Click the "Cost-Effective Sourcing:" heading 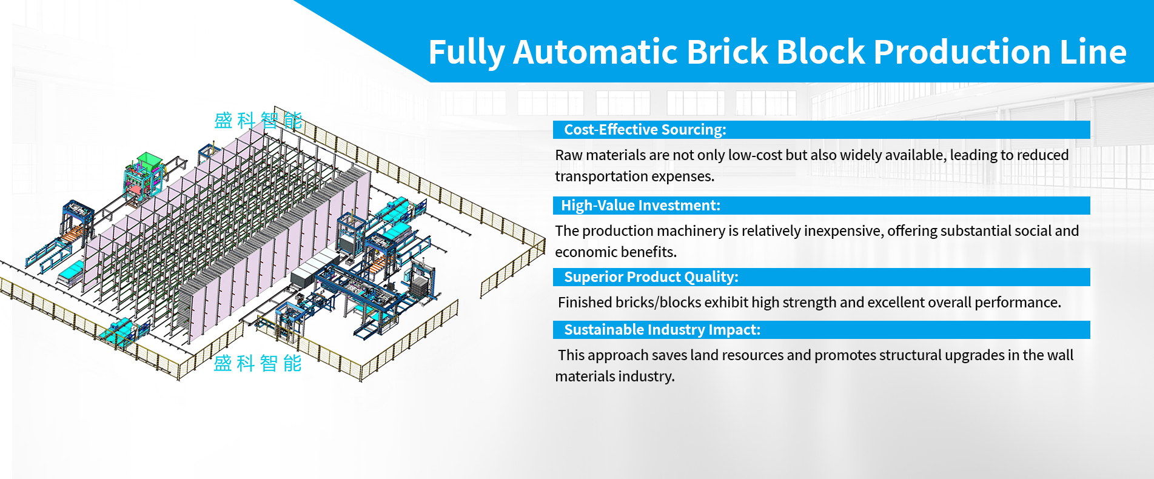point(645,130)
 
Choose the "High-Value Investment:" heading point(640,206)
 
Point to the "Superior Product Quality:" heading point(651,277)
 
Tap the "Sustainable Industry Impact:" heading point(662,330)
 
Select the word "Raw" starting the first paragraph point(568,155)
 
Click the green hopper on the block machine point(148,160)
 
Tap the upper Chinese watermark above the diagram point(258,121)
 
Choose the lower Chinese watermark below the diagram point(258,363)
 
